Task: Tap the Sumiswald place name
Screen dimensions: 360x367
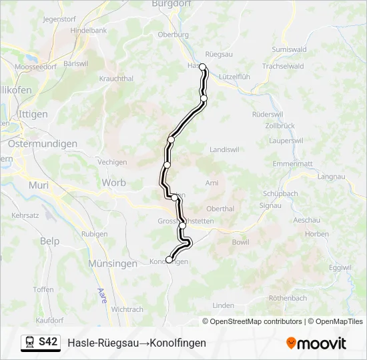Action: (x=289, y=49)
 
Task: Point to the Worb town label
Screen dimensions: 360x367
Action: (x=113, y=182)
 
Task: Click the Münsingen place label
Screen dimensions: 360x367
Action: (x=113, y=263)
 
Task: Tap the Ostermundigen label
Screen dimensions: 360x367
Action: (x=43, y=143)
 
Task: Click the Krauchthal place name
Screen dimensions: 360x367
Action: (x=116, y=78)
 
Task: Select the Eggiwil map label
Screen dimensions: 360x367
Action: (x=340, y=267)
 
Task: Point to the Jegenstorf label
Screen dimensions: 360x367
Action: (x=59, y=19)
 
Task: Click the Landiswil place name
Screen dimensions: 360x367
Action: (x=224, y=149)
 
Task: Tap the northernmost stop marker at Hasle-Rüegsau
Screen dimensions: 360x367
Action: (x=202, y=67)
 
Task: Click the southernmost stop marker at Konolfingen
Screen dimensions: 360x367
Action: (x=169, y=260)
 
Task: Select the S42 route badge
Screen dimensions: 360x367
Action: (x=47, y=341)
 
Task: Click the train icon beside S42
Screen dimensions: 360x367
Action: (x=30, y=341)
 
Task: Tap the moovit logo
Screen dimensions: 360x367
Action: (x=316, y=343)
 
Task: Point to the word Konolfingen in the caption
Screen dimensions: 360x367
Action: (x=178, y=343)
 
